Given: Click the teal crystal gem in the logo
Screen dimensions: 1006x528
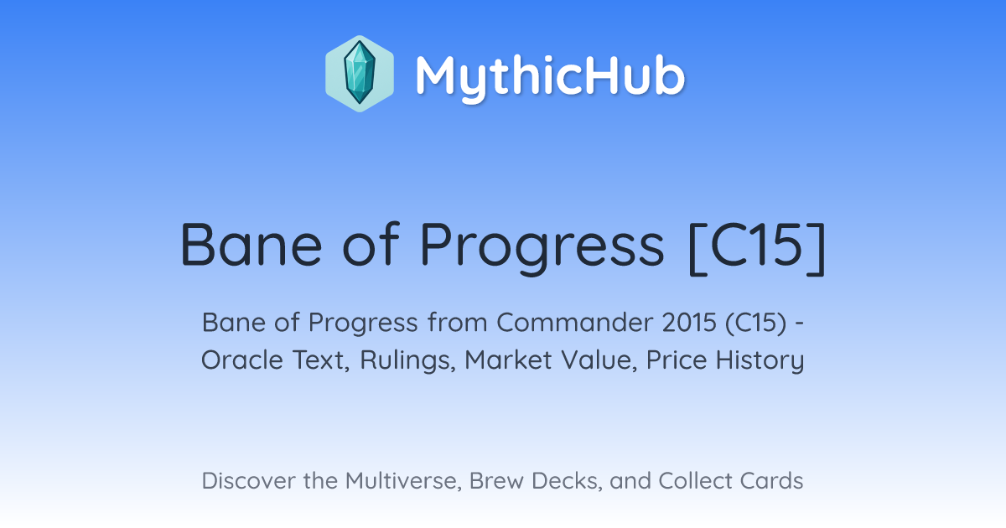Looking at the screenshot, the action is [360, 73].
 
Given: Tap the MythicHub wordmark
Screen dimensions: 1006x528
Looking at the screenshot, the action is [550, 76].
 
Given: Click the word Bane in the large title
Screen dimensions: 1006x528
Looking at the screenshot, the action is [251, 245].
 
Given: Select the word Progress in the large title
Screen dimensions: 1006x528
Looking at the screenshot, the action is [542, 248].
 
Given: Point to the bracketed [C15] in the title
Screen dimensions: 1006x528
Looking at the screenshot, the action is [757, 248].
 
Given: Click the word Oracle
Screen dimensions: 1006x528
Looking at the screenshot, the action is [241, 360].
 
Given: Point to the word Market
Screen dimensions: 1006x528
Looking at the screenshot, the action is [508, 360].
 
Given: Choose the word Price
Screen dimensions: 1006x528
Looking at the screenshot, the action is [677, 360].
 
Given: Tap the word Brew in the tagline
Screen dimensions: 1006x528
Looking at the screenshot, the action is [496, 481].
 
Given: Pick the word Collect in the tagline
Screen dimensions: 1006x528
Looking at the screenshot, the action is [694, 481].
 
